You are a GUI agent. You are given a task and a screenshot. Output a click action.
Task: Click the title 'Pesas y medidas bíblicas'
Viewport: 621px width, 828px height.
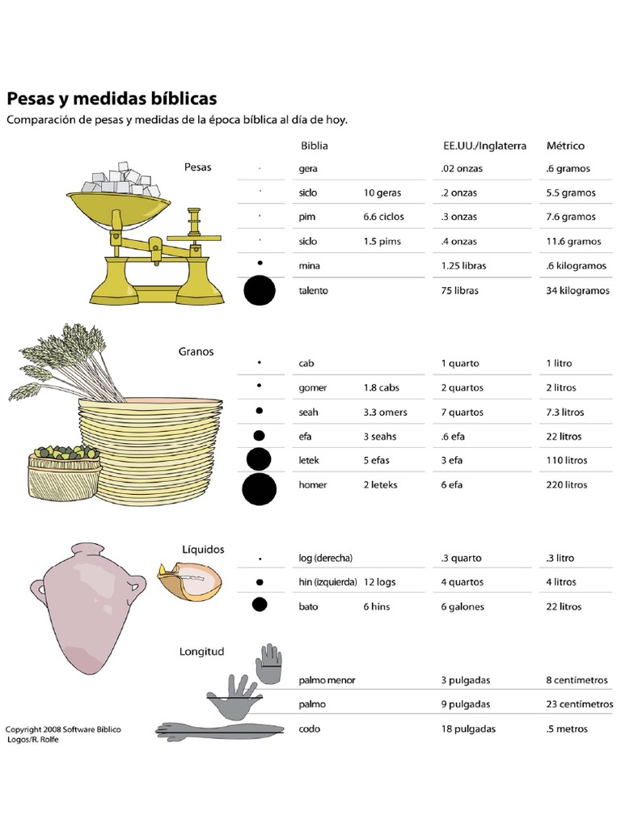[x=112, y=99]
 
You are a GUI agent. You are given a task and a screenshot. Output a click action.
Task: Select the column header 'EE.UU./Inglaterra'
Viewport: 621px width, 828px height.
[x=484, y=146]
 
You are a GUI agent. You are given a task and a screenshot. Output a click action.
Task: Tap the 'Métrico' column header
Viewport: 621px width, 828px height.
[x=565, y=146]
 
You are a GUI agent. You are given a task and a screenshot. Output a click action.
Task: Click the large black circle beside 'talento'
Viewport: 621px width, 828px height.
[x=260, y=291]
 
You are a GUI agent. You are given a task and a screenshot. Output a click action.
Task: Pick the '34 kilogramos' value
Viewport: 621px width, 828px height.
[x=577, y=291]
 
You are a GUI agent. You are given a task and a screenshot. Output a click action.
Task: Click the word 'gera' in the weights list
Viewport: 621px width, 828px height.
[x=307, y=169]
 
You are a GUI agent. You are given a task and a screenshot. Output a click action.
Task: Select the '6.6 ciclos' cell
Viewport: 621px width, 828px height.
[x=384, y=218]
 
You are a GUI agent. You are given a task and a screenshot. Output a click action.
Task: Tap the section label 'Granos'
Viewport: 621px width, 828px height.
[x=196, y=352]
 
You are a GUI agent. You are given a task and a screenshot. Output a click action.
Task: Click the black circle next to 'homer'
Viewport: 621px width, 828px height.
[x=259, y=488]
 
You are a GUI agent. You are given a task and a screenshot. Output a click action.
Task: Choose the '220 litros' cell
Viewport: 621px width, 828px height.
[x=567, y=485]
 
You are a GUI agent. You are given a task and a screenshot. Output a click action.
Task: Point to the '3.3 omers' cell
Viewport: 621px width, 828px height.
[x=386, y=412]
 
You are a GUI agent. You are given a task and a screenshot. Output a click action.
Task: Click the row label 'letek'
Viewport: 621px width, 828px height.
[x=310, y=461]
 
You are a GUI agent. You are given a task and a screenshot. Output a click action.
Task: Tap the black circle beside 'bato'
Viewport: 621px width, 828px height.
[x=260, y=605]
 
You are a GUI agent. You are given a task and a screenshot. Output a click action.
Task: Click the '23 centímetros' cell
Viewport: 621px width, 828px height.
[x=580, y=704]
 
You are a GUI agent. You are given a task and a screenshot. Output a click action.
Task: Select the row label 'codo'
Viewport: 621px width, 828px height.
[x=310, y=729]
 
